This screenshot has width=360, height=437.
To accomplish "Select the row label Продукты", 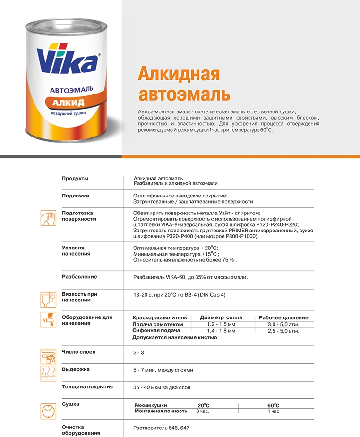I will click(x=75, y=178).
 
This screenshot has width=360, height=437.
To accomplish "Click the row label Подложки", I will click(x=76, y=195).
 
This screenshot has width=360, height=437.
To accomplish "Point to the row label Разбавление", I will click(x=79, y=276).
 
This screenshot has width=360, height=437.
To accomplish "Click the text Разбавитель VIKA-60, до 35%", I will click(x=190, y=277).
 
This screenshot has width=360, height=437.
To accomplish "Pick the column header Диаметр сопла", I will click(x=221, y=317).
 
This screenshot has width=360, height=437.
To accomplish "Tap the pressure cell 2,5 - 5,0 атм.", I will click(x=283, y=331).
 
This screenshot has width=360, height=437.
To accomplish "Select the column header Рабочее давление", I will click(x=283, y=317).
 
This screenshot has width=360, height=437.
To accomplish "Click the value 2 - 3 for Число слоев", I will click(x=139, y=353).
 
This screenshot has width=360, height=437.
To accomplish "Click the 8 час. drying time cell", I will click(x=203, y=411).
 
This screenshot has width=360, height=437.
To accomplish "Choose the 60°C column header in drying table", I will click(x=274, y=405).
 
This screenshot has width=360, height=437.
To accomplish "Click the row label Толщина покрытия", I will click(x=87, y=386).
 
